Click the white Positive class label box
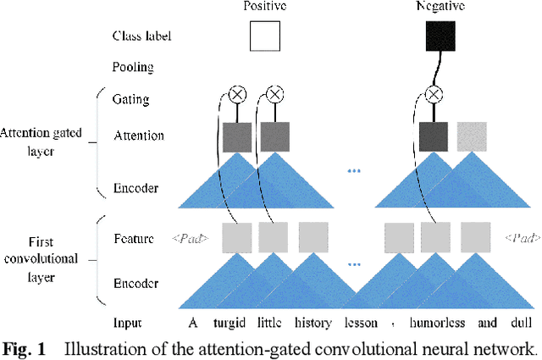tap(265, 36)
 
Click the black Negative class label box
tap(440, 36)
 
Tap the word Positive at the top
tap(264, 6)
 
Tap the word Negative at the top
tap(440, 6)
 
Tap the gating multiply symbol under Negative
tap(434, 94)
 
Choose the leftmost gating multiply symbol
tap(238, 94)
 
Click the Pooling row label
tap(132, 65)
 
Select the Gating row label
tap(130, 99)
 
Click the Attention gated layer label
tap(46, 139)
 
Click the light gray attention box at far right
tap(473, 136)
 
